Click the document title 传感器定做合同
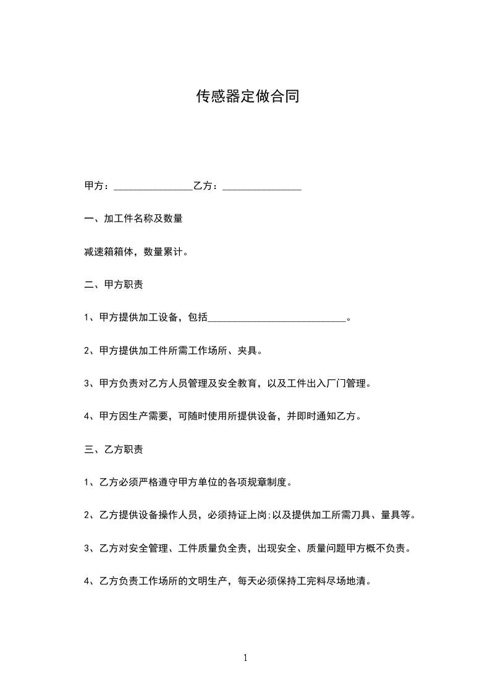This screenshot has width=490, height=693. click(247, 96)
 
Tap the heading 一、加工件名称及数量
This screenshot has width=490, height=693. click(133, 219)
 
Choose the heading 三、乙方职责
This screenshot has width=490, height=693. click(114, 449)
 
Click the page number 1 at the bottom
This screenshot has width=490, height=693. click(245, 658)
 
